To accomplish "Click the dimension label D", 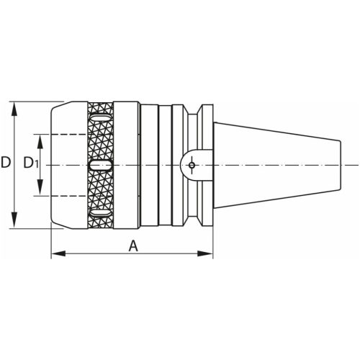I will pos(6,163).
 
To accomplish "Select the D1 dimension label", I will pos(30,163).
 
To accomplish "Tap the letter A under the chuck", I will pos(133,246).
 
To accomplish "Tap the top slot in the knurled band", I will pos(100,117).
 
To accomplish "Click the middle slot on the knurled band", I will pos(100,165).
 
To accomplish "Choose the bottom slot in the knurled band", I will pos(100,213).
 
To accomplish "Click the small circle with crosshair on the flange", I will pos(192,165).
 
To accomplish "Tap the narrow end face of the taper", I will pos(338,165).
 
